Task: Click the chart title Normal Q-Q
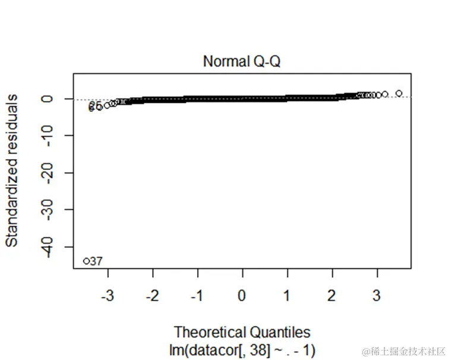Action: [x=242, y=61]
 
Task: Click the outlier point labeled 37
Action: [x=86, y=261]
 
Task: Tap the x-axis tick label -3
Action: [x=107, y=295]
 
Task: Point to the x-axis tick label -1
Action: [x=197, y=295]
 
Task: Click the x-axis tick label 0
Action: [x=242, y=295]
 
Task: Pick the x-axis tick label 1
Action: [x=287, y=295]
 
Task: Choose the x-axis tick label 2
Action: [x=332, y=295]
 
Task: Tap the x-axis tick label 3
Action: [x=377, y=295]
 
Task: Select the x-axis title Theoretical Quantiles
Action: [x=242, y=332]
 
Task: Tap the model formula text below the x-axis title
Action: [x=242, y=349]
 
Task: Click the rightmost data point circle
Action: [x=399, y=93]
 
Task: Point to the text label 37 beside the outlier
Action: [x=97, y=261]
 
